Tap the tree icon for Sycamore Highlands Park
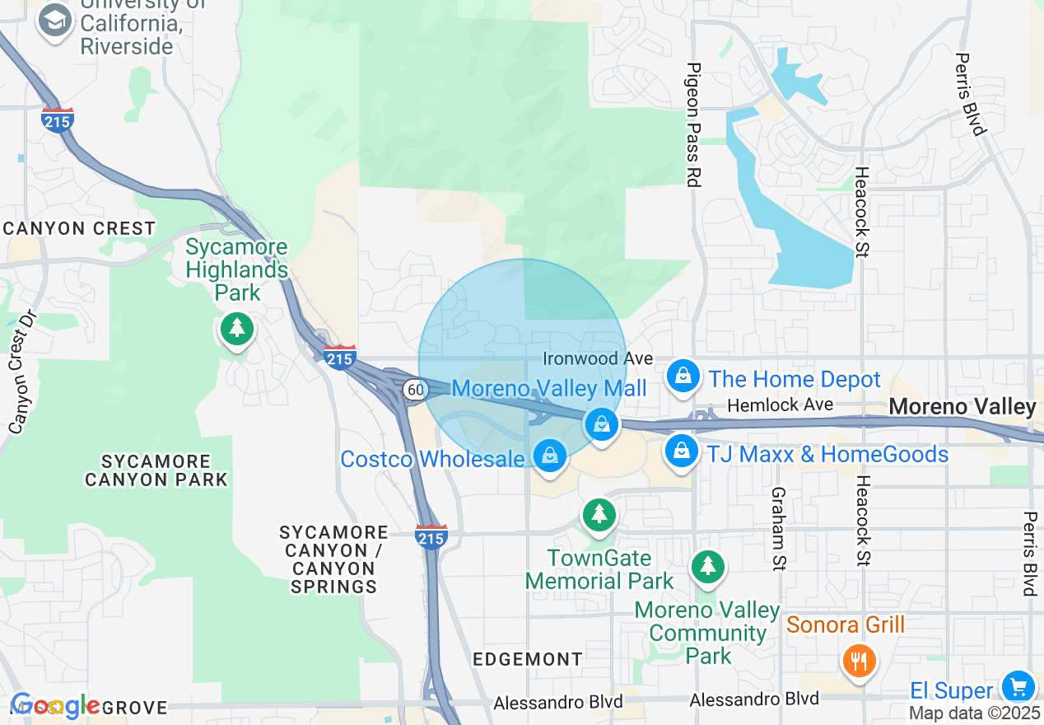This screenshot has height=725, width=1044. [237, 329]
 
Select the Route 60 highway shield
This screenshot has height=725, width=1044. [415, 389]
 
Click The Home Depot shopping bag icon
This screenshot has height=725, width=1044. [683, 377]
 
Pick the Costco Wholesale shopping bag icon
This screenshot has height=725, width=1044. [549, 456]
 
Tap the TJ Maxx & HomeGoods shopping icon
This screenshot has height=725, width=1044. [682, 451]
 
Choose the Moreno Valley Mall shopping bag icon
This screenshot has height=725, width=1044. [602, 425]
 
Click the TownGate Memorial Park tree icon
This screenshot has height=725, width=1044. [599, 515]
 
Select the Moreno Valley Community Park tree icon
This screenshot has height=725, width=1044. [707, 566]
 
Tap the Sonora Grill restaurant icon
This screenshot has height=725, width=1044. [859, 660]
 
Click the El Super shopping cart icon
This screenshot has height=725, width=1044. [1018, 686]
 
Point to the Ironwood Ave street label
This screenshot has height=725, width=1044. [598, 359]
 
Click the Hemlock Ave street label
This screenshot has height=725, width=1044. [781, 405]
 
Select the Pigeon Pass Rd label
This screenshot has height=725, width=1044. [693, 124]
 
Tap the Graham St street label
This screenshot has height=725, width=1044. [776, 528]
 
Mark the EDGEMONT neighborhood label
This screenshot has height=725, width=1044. [528, 659]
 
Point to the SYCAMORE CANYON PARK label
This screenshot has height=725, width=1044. [156, 470]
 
